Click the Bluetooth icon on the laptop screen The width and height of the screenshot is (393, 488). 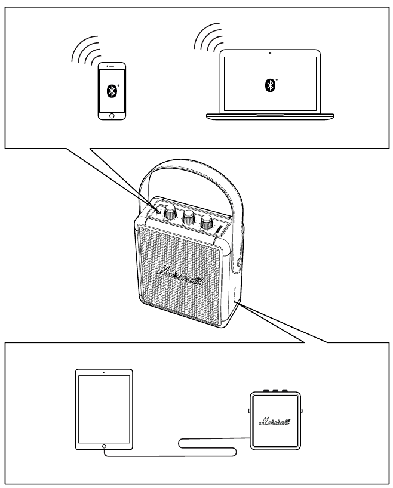[269, 85]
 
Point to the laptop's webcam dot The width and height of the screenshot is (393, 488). [270, 53]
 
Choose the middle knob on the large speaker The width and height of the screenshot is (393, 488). [189, 217]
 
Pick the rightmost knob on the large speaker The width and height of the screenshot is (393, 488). [207, 223]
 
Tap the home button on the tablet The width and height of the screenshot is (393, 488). [104, 446]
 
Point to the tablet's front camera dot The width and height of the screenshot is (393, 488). [104, 372]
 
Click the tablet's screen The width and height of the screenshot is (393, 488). [104, 409]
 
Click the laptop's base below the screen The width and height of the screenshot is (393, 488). [270, 114]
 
